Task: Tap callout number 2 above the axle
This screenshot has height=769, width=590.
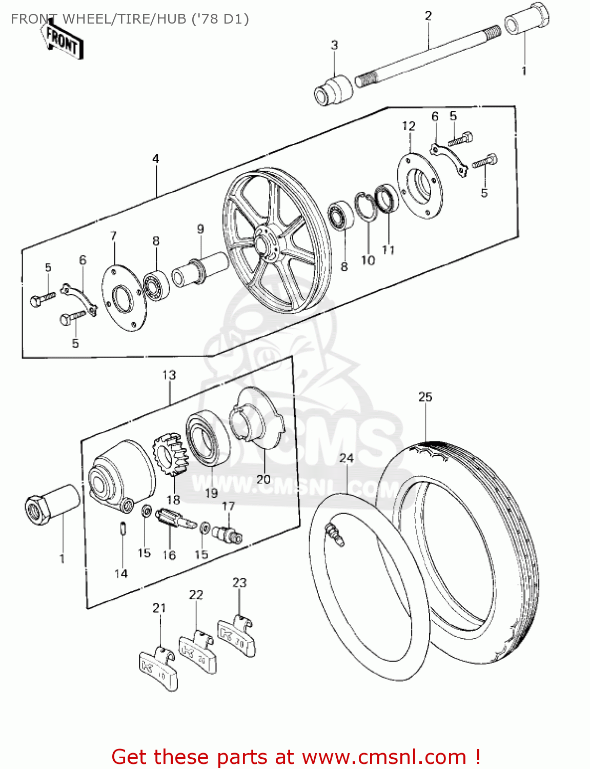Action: [x=429, y=16]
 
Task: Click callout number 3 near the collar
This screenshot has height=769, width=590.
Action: [x=334, y=45]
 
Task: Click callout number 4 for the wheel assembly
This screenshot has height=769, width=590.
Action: [x=156, y=159]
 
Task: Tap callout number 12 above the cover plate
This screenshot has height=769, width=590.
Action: [x=409, y=126]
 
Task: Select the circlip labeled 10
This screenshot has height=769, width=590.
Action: [x=367, y=207]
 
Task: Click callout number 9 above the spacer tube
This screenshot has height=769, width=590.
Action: [x=200, y=229]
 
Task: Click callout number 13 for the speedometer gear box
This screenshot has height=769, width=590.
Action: [x=169, y=375]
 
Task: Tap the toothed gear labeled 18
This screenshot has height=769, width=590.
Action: [x=171, y=454]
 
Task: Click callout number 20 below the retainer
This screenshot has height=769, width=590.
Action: [x=263, y=479]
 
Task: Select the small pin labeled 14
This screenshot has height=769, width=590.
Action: [x=123, y=528]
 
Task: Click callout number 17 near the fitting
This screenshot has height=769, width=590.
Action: [x=228, y=507]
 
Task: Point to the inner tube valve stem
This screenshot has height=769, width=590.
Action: [x=335, y=534]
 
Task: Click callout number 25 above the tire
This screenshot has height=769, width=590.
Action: [x=425, y=397]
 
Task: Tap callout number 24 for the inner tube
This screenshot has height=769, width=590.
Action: [x=347, y=458]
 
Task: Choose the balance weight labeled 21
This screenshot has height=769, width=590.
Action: [x=158, y=667]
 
